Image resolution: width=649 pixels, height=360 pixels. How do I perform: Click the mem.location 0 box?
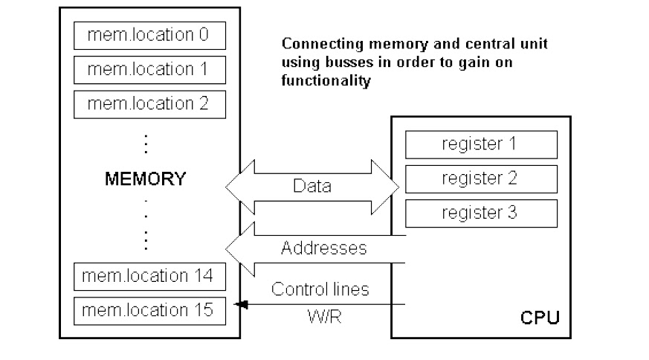click(x=149, y=36)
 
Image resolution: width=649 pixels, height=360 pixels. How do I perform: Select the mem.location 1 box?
click(x=149, y=69)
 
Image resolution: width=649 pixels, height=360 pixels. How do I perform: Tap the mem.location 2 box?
click(x=149, y=103)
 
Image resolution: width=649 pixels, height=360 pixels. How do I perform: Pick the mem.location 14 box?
click(x=149, y=277)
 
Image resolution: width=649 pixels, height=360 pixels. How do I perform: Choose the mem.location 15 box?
click(x=149, y=309)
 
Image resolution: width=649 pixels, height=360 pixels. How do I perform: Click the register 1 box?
click(x=480, y=144)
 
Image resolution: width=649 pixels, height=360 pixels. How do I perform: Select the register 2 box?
click(x=480, y=179)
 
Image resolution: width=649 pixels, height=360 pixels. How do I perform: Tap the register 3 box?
click(x=480, y=213)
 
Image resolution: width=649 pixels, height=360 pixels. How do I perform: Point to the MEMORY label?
click(x=146, y=179)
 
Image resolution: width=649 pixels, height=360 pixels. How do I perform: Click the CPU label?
click(x=540, y=320)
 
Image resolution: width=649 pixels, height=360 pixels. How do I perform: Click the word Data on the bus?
click(x=311, y=187)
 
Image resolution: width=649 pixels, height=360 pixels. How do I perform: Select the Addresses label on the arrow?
click(x=323, y=248)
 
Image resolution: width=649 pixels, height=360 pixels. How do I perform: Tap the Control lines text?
click(x=320, y=289)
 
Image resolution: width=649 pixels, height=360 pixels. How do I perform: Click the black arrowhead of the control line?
click(x=240, y=304)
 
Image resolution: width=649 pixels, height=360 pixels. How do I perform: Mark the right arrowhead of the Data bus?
click(x=390, y=186)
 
